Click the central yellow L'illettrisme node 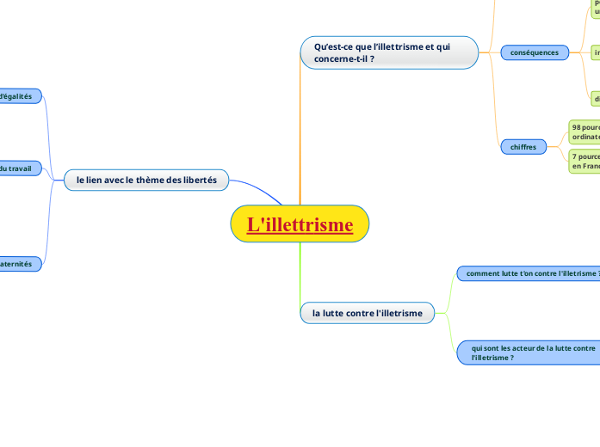pyautogui.click(x=300, y=225)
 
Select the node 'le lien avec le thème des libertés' pyautogui.click(x=146, y=180)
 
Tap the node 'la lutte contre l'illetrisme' pyautogui.click(x=367, y=313)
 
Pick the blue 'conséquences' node pyautogui.click(x=534, y=52)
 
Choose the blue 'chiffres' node pyautogui.click(x=523, y=147)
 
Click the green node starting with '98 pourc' pyautogui.click(x=584, y=132)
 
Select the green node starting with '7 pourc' pyautogui.click(x=584, y=161)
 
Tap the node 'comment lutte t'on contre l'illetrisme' pyautogui.click(x=528, y=273)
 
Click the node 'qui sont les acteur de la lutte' pyautogui.click(x=528, y=352)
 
